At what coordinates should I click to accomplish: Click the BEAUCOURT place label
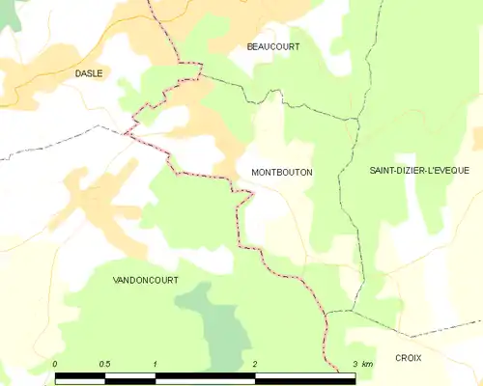[273, 46]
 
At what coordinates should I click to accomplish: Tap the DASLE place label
[89, 72]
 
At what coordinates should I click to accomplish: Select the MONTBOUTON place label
[281, 172]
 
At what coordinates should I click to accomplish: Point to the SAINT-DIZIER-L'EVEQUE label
[419, 170]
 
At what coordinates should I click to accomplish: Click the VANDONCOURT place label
[146, 279]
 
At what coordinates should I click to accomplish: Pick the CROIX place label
[409, 357]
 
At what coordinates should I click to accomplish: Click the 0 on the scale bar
[55, 364]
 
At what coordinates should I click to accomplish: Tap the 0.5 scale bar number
[104, 364]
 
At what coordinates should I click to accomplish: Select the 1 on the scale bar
[155, 364]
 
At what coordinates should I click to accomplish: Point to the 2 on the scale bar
[255, 364]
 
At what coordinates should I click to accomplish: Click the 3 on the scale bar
[355, 364]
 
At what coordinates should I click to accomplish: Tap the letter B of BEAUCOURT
[249, 46]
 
